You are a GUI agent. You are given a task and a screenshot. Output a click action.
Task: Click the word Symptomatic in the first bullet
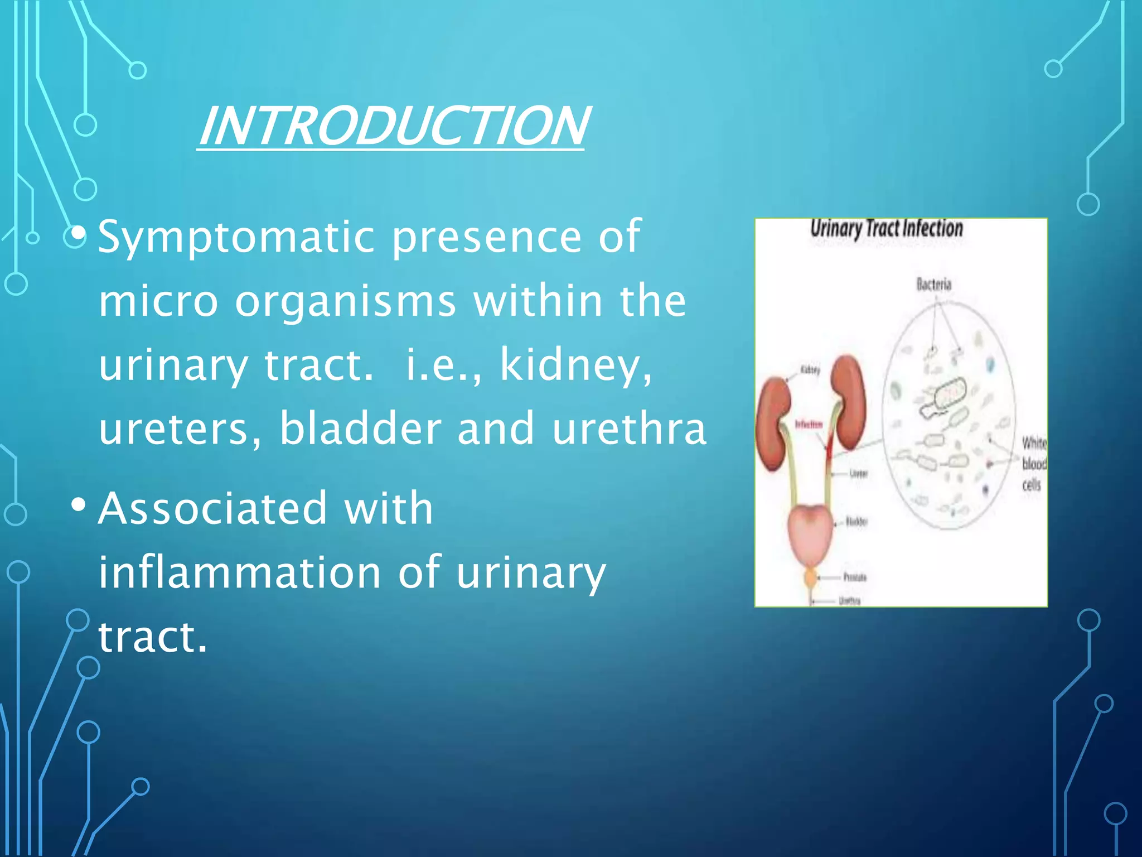[236, 237]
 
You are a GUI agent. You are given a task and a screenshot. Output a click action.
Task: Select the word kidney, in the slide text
[575, 365]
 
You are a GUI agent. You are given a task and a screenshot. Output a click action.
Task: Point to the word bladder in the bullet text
[360, 428]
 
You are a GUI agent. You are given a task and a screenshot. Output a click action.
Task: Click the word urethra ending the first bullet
[629, 428]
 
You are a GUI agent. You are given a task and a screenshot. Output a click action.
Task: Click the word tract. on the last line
[152, 637]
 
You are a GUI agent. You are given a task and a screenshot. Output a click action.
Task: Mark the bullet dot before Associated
[79, 505]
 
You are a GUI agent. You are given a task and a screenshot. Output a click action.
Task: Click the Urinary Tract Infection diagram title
[886, 228]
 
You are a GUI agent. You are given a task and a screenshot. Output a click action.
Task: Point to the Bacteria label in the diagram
[934, 285]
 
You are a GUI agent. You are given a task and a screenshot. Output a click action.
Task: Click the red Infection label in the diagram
[808, 425]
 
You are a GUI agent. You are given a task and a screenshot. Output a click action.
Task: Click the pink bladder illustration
[810, 536]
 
